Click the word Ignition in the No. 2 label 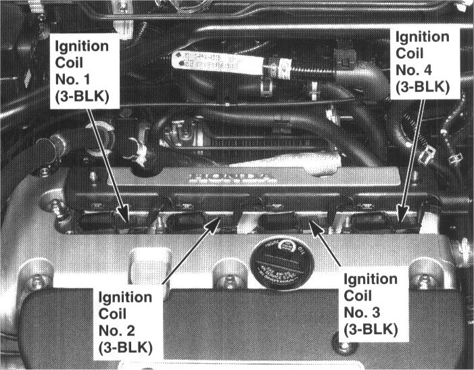(x=124, y=296)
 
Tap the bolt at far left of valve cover (x=28, y=278)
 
